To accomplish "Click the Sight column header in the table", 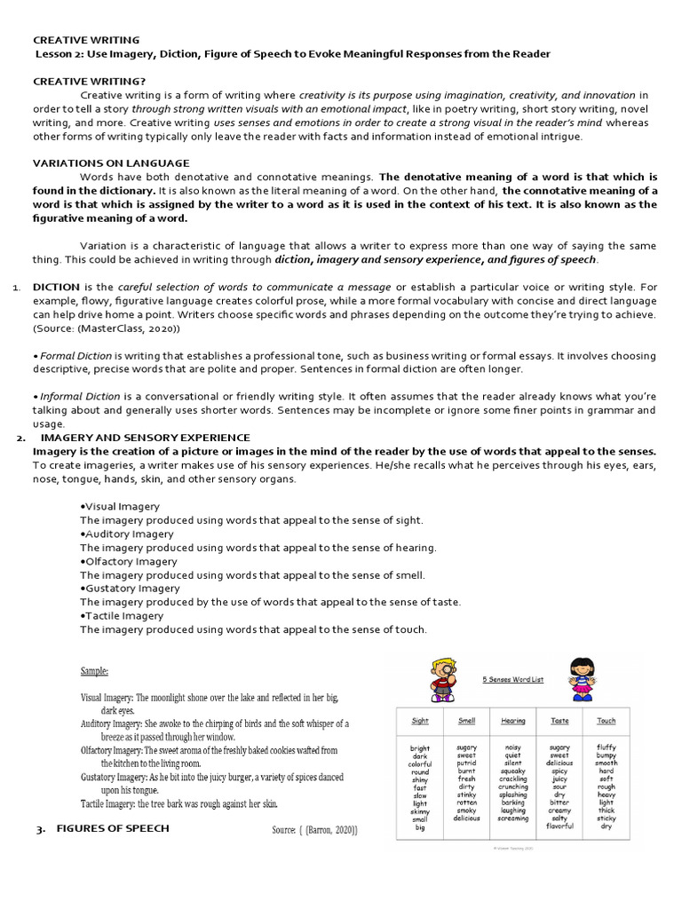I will tap(420, 721).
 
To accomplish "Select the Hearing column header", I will tap(513, 721).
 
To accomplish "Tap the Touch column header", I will tap(607, 721).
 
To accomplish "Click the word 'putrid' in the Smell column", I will tap(466, 763).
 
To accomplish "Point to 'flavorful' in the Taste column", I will tap(559, 827).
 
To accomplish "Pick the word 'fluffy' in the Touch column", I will tap(607, 747).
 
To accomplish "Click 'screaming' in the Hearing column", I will tap(513, 819).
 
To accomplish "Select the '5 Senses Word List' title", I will tap(512, 680).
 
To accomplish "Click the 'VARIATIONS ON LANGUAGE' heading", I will tap(111, 163).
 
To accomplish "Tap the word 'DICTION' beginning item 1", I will tap(56, 287).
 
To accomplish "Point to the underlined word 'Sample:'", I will tap(95, 671).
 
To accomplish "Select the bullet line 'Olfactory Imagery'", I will tap(130, 561).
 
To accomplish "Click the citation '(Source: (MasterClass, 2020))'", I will tap(107, 328).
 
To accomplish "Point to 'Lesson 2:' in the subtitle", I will tap(60, 54).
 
